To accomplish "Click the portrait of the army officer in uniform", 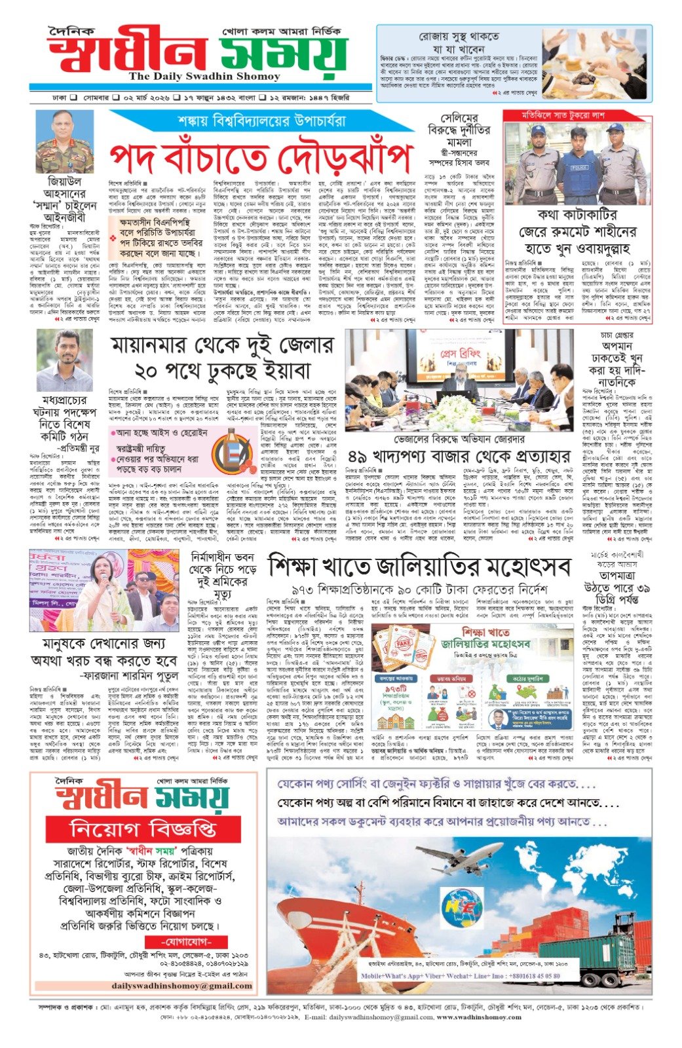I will click(x=64, y=141).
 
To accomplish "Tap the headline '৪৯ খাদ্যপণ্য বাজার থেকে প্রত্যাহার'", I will click(x=459, y=457).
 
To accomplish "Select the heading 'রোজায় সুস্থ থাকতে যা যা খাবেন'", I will click(x=459, y=43).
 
